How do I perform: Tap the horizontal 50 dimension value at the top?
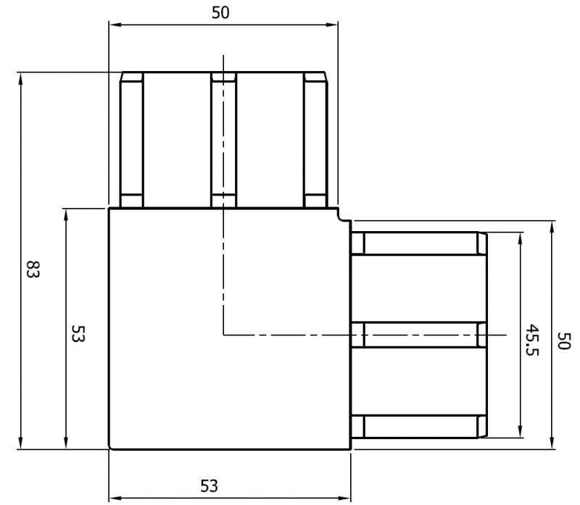(x=223, y=12)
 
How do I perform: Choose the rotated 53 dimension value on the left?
(x=78, y=333)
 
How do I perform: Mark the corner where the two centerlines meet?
(x=224, y=335)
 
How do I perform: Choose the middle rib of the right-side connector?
(x=418, y=335)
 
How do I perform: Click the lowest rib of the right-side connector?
(x=418, y=426)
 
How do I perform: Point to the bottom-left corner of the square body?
(x=109, y=448)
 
